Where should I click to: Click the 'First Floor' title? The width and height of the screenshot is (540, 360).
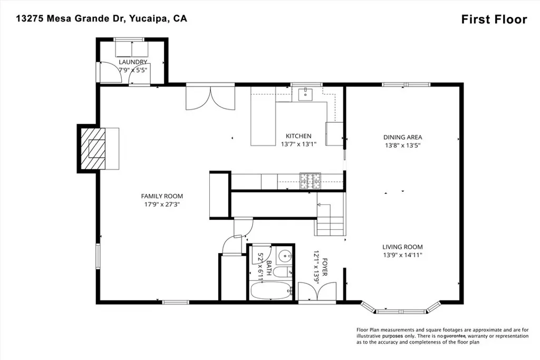pyautogui.click(x=494, y=20)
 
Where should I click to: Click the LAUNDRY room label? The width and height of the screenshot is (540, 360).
pyautogui.click(x=132, y=62)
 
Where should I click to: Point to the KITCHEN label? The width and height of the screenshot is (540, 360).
pyautogui.click(x=298, y=136)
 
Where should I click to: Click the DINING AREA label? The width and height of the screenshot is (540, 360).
pyautogui.click(x=402, y=138)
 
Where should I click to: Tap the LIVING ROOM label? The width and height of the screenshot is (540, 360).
pyautogui.click(x=402, y=247)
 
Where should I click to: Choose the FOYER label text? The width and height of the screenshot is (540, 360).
pyautogui.click(x=325, y=267)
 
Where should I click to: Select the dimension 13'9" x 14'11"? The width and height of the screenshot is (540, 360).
pyautogui.click(x=402, y=255)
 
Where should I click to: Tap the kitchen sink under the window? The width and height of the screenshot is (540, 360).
pyautogui.click(x=306, y=95)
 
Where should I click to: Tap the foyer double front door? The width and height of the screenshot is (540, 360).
pyautogui.click(x=316, y=291)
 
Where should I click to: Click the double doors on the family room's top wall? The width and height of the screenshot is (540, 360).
pyautogui.click(x=210, y=98)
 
